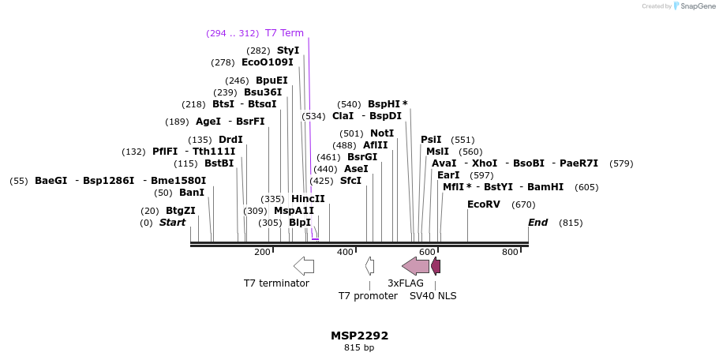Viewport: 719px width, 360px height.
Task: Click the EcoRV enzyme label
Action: (x=484, y=204)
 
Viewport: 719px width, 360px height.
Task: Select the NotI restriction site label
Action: (x=382, y=133)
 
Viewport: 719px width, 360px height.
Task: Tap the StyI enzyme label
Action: (x=288, y=51)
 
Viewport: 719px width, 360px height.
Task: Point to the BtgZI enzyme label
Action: (x=180, y=211)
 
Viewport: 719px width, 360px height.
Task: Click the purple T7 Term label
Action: (x=284, y=33)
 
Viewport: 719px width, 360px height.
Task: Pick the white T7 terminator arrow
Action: (x=304, y=266)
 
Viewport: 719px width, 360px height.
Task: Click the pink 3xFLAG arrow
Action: (x=416, y=266)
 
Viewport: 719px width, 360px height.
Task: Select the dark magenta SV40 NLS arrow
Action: (x=436, y=266)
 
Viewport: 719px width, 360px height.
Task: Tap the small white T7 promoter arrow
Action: (x=369, y=266)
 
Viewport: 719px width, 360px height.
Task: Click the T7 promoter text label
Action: (x=368, y=296)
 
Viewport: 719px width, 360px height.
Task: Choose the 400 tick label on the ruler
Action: (x=345, y=252)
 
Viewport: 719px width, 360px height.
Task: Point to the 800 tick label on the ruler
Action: (x=510, y=252)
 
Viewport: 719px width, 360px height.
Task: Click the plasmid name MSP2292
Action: (x=359, y=336)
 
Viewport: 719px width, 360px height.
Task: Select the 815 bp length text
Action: (x=359, y=347)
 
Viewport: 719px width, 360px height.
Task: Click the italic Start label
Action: (x=172, y=223)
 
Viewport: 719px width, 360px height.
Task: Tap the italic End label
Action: (x=537, y=223)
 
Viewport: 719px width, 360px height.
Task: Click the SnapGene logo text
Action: (x=695, y=6)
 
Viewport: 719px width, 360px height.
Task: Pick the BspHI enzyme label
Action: (x=384, y=104)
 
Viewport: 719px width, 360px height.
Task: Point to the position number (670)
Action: (x=523, y=204)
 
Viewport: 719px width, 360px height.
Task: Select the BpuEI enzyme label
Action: (x=271, y=81)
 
